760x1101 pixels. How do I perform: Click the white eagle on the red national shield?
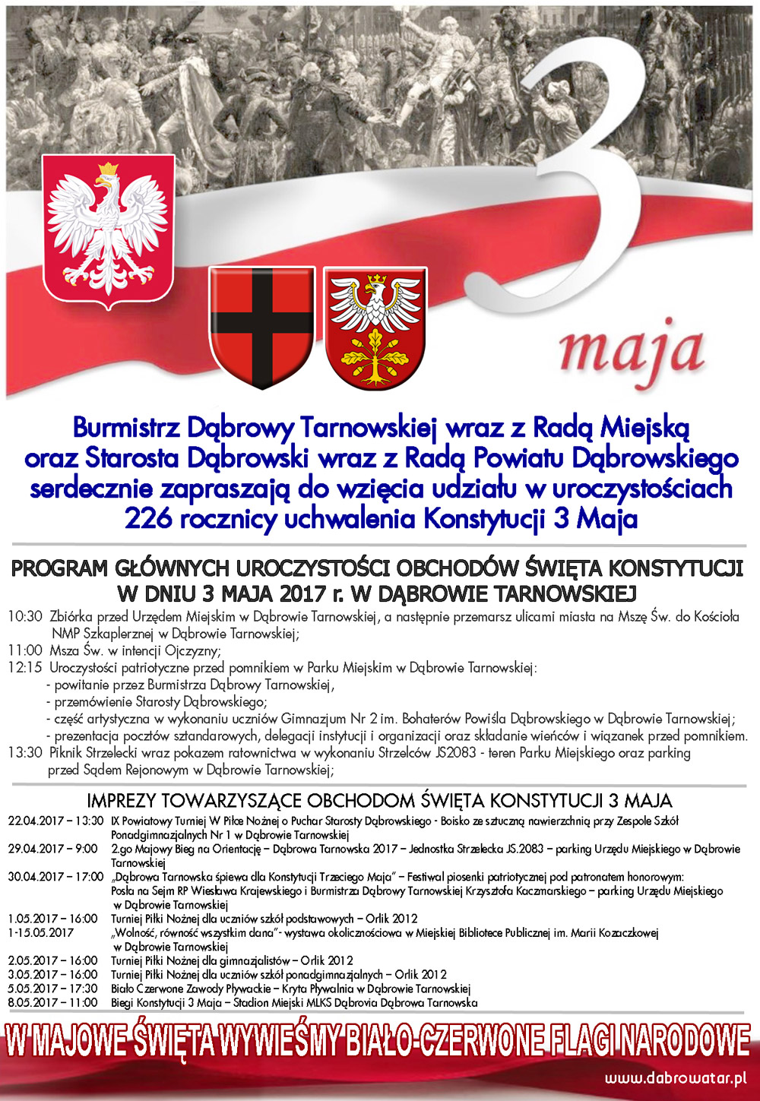click(106, 228)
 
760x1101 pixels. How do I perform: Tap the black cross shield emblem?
click(261, 327)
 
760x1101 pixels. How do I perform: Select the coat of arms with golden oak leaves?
click(375, 327)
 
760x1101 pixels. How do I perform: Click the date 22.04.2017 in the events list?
click(37, 821)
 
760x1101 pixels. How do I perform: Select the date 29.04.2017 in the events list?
click(37, 849)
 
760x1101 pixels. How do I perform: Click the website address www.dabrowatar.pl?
click(676, 1078)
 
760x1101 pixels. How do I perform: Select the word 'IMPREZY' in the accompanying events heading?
click(122, 801)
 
